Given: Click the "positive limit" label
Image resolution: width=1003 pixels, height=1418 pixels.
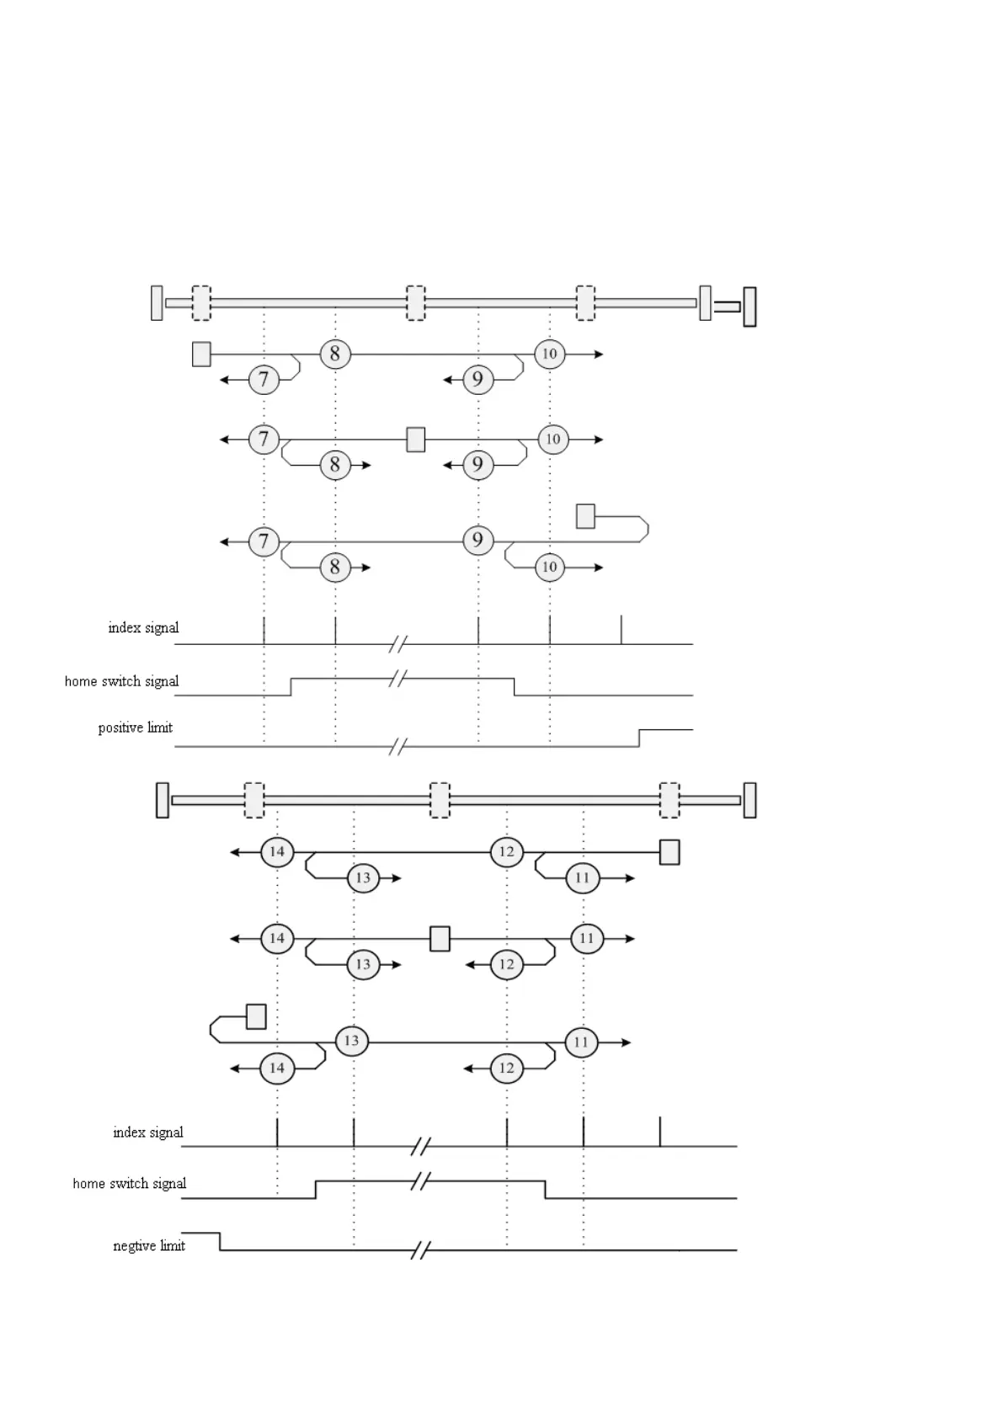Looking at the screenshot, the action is click(135, 728).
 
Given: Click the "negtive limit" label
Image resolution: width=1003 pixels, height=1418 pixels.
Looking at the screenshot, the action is click(149, 1245).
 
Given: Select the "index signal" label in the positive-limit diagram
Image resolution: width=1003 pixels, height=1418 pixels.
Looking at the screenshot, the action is click(143, 627).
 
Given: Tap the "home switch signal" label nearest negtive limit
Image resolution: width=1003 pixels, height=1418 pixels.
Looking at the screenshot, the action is click(129, 1183).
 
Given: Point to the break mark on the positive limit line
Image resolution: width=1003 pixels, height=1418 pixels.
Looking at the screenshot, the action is click(398, 746).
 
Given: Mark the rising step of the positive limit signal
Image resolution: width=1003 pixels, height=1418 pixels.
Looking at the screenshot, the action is click(639, 738).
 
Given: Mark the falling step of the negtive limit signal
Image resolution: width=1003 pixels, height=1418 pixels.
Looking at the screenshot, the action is click(220, 1241).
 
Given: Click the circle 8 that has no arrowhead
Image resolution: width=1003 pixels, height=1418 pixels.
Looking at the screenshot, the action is click(335, 354).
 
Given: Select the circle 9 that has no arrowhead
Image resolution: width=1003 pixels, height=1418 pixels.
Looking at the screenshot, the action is click(478, 540).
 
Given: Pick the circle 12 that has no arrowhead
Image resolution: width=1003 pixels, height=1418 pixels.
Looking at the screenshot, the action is click(506, 852).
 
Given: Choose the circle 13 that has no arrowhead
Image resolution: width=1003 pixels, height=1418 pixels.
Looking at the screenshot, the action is click(351, 1042).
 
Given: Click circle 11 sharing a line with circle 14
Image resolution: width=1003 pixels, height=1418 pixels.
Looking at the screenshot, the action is click(587, 938).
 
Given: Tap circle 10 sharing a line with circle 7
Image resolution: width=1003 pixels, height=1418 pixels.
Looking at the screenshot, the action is click(552, 439).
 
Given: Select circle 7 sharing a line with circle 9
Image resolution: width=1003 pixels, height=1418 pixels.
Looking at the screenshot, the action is click(264, 541).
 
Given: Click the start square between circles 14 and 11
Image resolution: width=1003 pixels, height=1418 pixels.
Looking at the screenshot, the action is click(440, 938).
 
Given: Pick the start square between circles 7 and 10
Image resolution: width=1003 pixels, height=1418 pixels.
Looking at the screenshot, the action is click(415, 439).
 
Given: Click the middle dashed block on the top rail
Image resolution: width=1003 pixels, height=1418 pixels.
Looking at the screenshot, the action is click(416, 303).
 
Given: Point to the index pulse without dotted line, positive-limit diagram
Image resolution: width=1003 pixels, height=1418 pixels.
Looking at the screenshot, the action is click(622, 630).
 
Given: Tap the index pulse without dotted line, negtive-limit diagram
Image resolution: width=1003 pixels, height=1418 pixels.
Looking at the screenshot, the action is click(660, 1132).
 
